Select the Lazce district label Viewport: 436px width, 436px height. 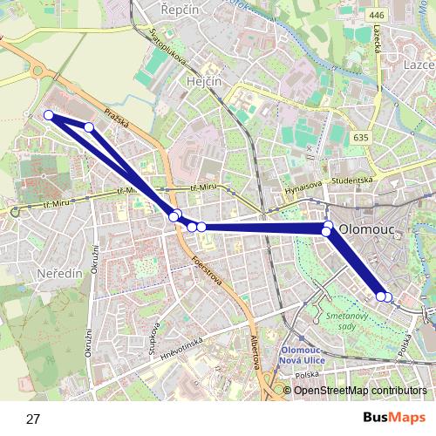click(x=419, y=65)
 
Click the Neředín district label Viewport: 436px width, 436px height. click(x=58, y=273)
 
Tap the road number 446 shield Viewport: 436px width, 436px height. click(x=377, y=15)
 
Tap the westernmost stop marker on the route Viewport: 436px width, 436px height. click(x=49, y=115)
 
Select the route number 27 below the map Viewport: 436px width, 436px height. click(x=33, y=419)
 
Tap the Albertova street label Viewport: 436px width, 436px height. click(x=255, y=353)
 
